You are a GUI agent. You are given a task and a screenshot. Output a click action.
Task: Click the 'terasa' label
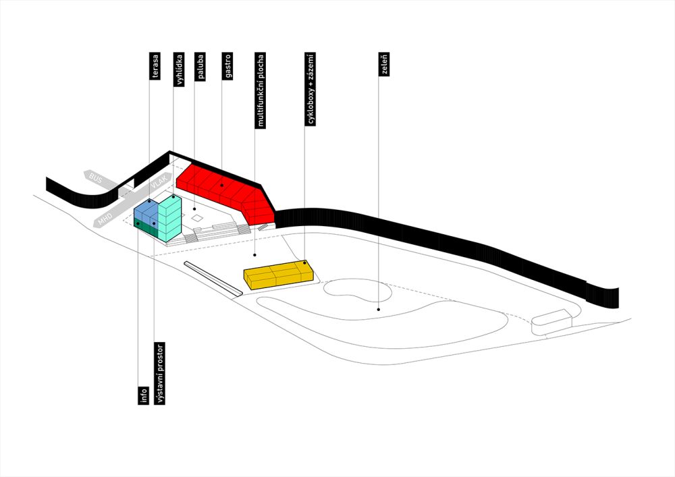click(155, 66)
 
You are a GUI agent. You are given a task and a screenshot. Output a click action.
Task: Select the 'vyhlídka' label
click(179, 69)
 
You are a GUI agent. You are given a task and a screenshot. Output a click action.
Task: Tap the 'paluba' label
click(200, 66)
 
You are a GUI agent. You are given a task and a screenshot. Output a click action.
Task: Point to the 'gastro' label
click(227, 66)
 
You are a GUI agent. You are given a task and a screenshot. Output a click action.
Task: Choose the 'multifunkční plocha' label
click(260, 90)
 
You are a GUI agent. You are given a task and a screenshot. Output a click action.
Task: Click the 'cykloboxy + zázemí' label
click(310, 89)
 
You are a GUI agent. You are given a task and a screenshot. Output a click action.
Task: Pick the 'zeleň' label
click(384, 64)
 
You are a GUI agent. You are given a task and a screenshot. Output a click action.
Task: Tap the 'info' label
click(144, 396)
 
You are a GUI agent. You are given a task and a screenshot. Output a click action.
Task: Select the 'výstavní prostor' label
click(160, 373)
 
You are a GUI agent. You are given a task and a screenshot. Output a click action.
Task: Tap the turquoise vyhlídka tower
click(169, 219)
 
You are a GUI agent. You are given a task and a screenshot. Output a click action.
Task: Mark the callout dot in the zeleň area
click(379, 309)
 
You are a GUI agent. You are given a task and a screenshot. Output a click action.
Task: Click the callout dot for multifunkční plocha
click(254, 255)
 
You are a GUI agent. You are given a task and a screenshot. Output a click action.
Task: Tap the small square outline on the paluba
click(196, 218)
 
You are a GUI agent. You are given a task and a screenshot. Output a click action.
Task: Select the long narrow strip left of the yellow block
click(213, 279)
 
